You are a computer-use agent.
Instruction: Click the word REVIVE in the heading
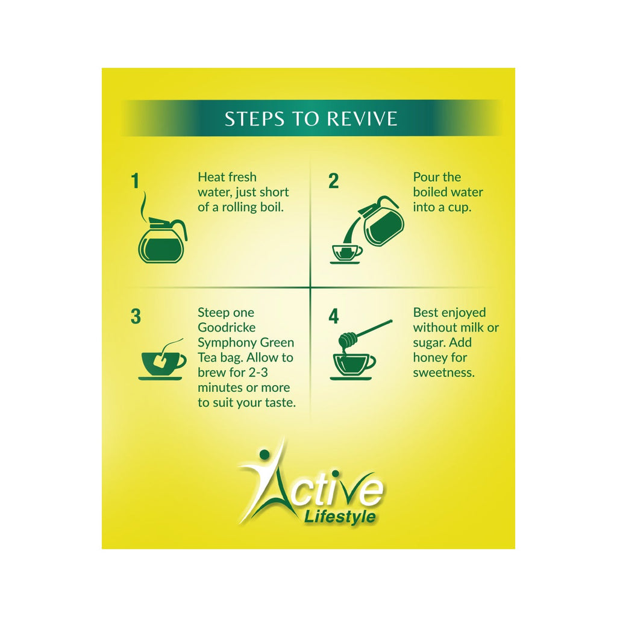(362, 119)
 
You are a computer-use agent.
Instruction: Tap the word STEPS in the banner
(255, 119)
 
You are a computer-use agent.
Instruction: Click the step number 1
(136, 181)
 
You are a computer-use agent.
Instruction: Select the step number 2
(333, 181)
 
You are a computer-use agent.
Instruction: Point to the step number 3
(136, 317)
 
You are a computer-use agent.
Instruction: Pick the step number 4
(334, 317)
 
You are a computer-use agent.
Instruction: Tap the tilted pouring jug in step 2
(380, 221)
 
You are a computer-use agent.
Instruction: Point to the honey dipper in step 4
(364, 333)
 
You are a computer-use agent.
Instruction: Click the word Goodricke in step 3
(227, 327)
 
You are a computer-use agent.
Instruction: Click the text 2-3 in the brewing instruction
(258, 372)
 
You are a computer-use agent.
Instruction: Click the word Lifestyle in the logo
(340, 517)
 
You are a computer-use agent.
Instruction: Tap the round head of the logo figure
(264, 455)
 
